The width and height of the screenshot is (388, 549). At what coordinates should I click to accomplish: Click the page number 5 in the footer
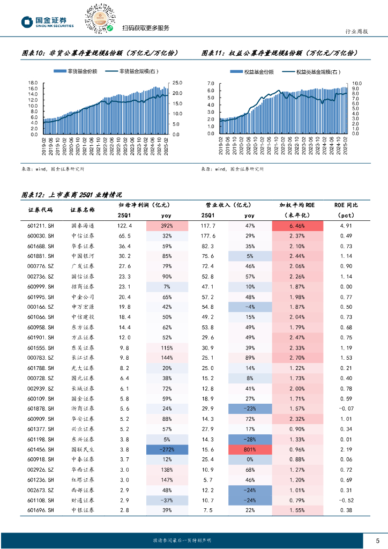coord(377,540)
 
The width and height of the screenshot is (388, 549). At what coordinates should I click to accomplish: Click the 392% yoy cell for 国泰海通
coord(167,226)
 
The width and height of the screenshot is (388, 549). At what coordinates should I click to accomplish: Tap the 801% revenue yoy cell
coord(250,449)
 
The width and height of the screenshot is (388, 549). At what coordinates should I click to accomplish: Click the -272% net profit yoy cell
coord(167,449)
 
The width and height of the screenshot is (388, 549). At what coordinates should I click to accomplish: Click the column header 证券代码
coord(41,210)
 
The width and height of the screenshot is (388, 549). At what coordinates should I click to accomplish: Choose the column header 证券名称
coord(83,210)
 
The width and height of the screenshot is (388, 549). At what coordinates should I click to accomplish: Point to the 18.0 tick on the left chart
coord(33,83)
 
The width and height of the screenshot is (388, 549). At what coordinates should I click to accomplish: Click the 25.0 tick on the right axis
coord(178,83)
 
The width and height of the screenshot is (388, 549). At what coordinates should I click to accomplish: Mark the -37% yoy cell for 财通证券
coord(167,500)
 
